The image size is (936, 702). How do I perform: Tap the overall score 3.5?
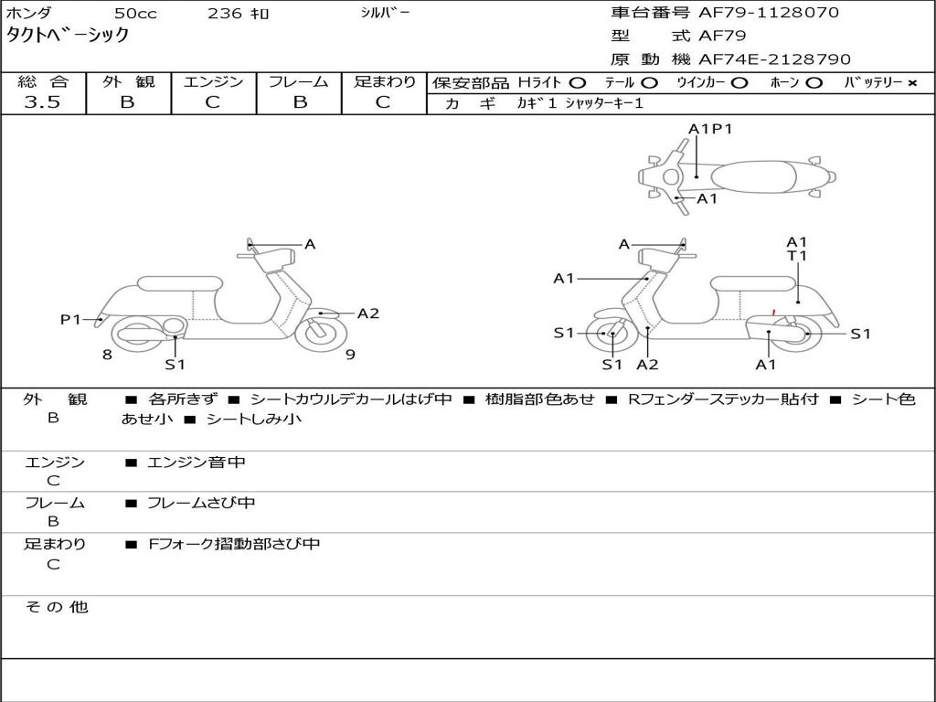(42, 102)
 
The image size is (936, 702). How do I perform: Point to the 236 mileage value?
(226, 14)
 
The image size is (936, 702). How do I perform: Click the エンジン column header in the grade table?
(213, 81)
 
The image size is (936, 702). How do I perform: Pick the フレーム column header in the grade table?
(298, 81)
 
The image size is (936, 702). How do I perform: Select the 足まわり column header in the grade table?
(384, 81)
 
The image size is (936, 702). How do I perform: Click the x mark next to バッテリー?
(912, 83)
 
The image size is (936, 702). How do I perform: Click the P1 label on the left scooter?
(70, 319)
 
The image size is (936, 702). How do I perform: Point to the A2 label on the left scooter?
(367, 314)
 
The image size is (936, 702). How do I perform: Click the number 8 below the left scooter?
(107, 355)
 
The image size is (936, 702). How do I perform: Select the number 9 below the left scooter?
(350, 355)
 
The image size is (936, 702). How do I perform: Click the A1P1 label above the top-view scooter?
(710, 129)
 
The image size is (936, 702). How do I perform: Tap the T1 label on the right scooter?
(797, 256)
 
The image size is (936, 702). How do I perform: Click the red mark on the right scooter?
(773, 313)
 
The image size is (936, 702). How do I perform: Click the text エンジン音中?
(197, 463)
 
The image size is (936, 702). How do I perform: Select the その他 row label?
(56, 607)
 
